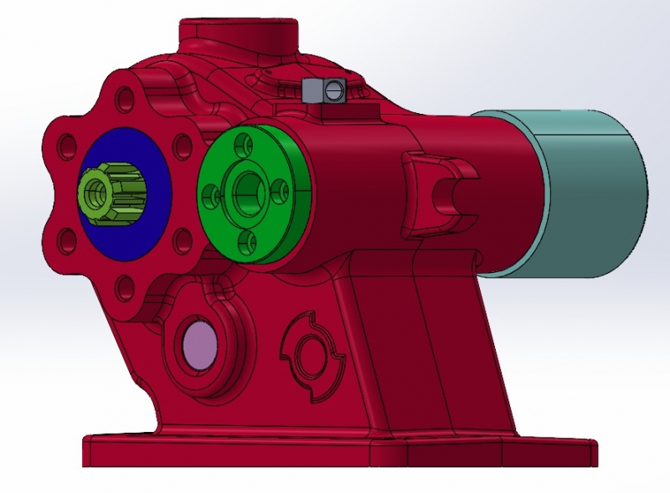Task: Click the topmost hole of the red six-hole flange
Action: tap(125, 102)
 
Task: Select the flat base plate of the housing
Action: tap(335, 450)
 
